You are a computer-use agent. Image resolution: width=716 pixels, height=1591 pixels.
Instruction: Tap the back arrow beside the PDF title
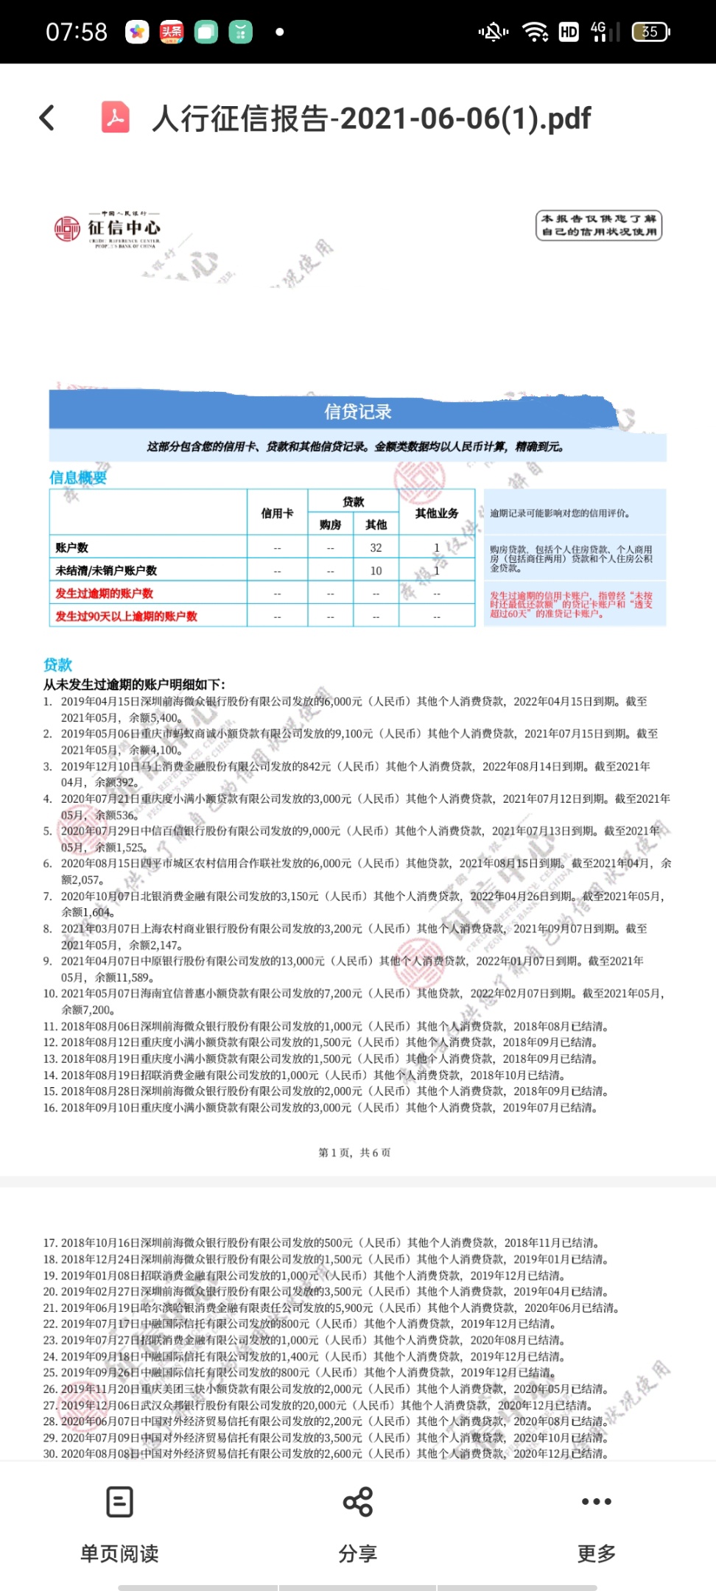pos(47,118)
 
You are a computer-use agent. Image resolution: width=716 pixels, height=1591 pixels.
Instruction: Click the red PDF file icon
pos(116,118)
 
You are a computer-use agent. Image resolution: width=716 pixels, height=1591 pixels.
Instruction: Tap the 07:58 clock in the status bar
pos(77,32)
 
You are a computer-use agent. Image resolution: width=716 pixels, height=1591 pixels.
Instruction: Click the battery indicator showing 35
pos(650,32)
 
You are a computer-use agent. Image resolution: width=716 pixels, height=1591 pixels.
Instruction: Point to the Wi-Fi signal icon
pos(535,32)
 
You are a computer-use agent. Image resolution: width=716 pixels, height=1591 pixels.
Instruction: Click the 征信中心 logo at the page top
pos(108,229)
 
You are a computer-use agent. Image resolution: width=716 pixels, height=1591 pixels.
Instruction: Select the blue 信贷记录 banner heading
pos(358,412)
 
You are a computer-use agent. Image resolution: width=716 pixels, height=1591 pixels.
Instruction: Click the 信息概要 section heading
pos(78,477)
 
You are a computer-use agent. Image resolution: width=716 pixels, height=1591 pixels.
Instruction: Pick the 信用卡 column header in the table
pos(277,513)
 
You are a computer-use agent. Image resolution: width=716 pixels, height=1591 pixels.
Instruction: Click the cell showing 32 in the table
pos(376,547)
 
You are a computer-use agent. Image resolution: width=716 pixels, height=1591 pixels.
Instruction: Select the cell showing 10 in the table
pos(376,570)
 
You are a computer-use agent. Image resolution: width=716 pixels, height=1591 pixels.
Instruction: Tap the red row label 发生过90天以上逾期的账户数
pos(127,616)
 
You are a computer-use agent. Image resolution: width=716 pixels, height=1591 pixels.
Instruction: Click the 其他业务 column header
pos(436,513)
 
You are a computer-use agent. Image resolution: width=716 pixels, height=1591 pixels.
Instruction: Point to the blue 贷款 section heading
pos(57,664)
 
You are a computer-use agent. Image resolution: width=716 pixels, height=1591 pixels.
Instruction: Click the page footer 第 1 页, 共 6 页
pos(354,1152)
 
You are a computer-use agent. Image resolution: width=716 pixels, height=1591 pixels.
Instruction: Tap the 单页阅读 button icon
pos(119,1501)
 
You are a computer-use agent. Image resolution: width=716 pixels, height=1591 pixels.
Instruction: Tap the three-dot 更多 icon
pos(596,1501)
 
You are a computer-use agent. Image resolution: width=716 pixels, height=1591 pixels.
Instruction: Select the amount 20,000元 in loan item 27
pos(323,1405)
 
